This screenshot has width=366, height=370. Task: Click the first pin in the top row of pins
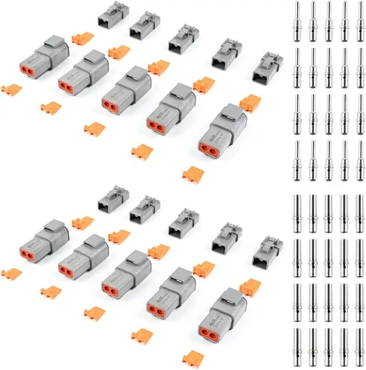point(296,20)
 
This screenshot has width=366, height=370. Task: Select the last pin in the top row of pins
point(360,20)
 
